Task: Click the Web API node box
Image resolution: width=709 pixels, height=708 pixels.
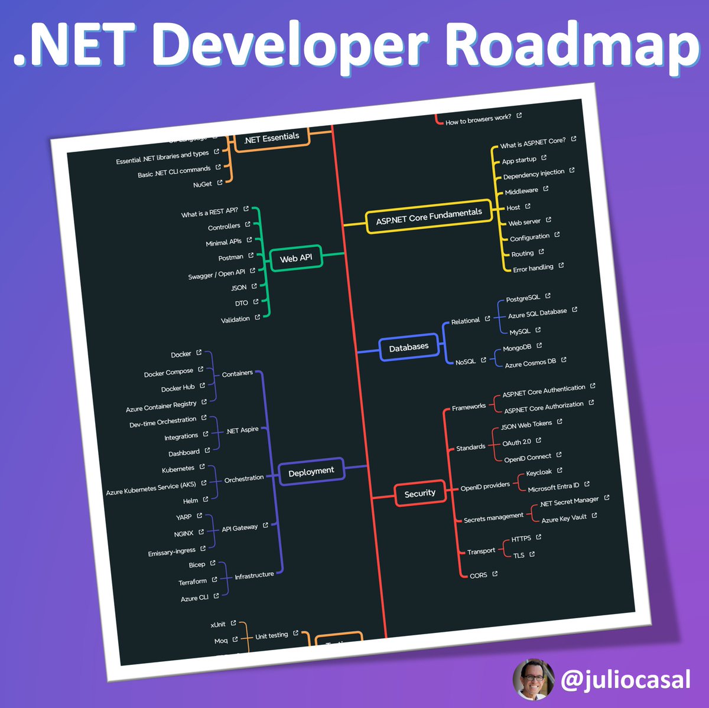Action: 296,258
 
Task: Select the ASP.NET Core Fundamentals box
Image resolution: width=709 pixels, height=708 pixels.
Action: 429,217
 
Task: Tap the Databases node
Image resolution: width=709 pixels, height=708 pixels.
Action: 409,347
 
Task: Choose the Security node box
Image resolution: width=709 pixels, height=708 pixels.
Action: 419,493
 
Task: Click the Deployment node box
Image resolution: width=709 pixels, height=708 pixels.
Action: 311,471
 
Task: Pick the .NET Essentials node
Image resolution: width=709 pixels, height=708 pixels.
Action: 272,138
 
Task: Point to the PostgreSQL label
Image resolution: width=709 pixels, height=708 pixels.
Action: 523,298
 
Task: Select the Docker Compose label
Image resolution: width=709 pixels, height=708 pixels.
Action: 168,373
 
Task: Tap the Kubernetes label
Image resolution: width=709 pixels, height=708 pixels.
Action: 178,469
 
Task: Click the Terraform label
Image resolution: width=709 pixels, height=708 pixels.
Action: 193,582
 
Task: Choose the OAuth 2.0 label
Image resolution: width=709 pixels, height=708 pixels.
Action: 516,442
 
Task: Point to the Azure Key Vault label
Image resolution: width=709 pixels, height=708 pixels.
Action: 564,518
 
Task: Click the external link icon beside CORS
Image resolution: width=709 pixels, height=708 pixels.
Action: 495,573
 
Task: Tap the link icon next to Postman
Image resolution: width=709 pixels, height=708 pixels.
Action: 251,256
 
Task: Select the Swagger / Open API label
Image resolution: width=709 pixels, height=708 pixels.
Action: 216,274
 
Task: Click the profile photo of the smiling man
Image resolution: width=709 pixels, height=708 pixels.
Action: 534,680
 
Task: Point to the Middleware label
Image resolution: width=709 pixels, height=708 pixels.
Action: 521,191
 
